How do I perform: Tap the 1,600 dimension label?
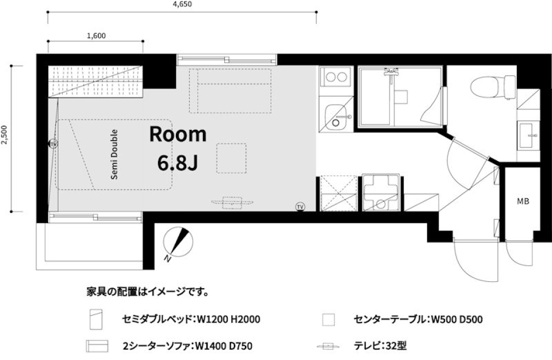[x=95, y=36]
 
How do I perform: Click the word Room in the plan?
[x=178, y=134]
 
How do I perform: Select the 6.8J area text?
[x=178, y=163]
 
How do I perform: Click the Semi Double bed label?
[x=114, y=154]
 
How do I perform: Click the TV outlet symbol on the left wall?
[x=53, y=143]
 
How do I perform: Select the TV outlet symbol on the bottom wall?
[x=300, y=205]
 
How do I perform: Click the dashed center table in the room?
[x=231, y=158]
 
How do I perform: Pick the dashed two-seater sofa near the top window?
[x=231, y=90]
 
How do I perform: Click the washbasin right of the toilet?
[x=527, y=137]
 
